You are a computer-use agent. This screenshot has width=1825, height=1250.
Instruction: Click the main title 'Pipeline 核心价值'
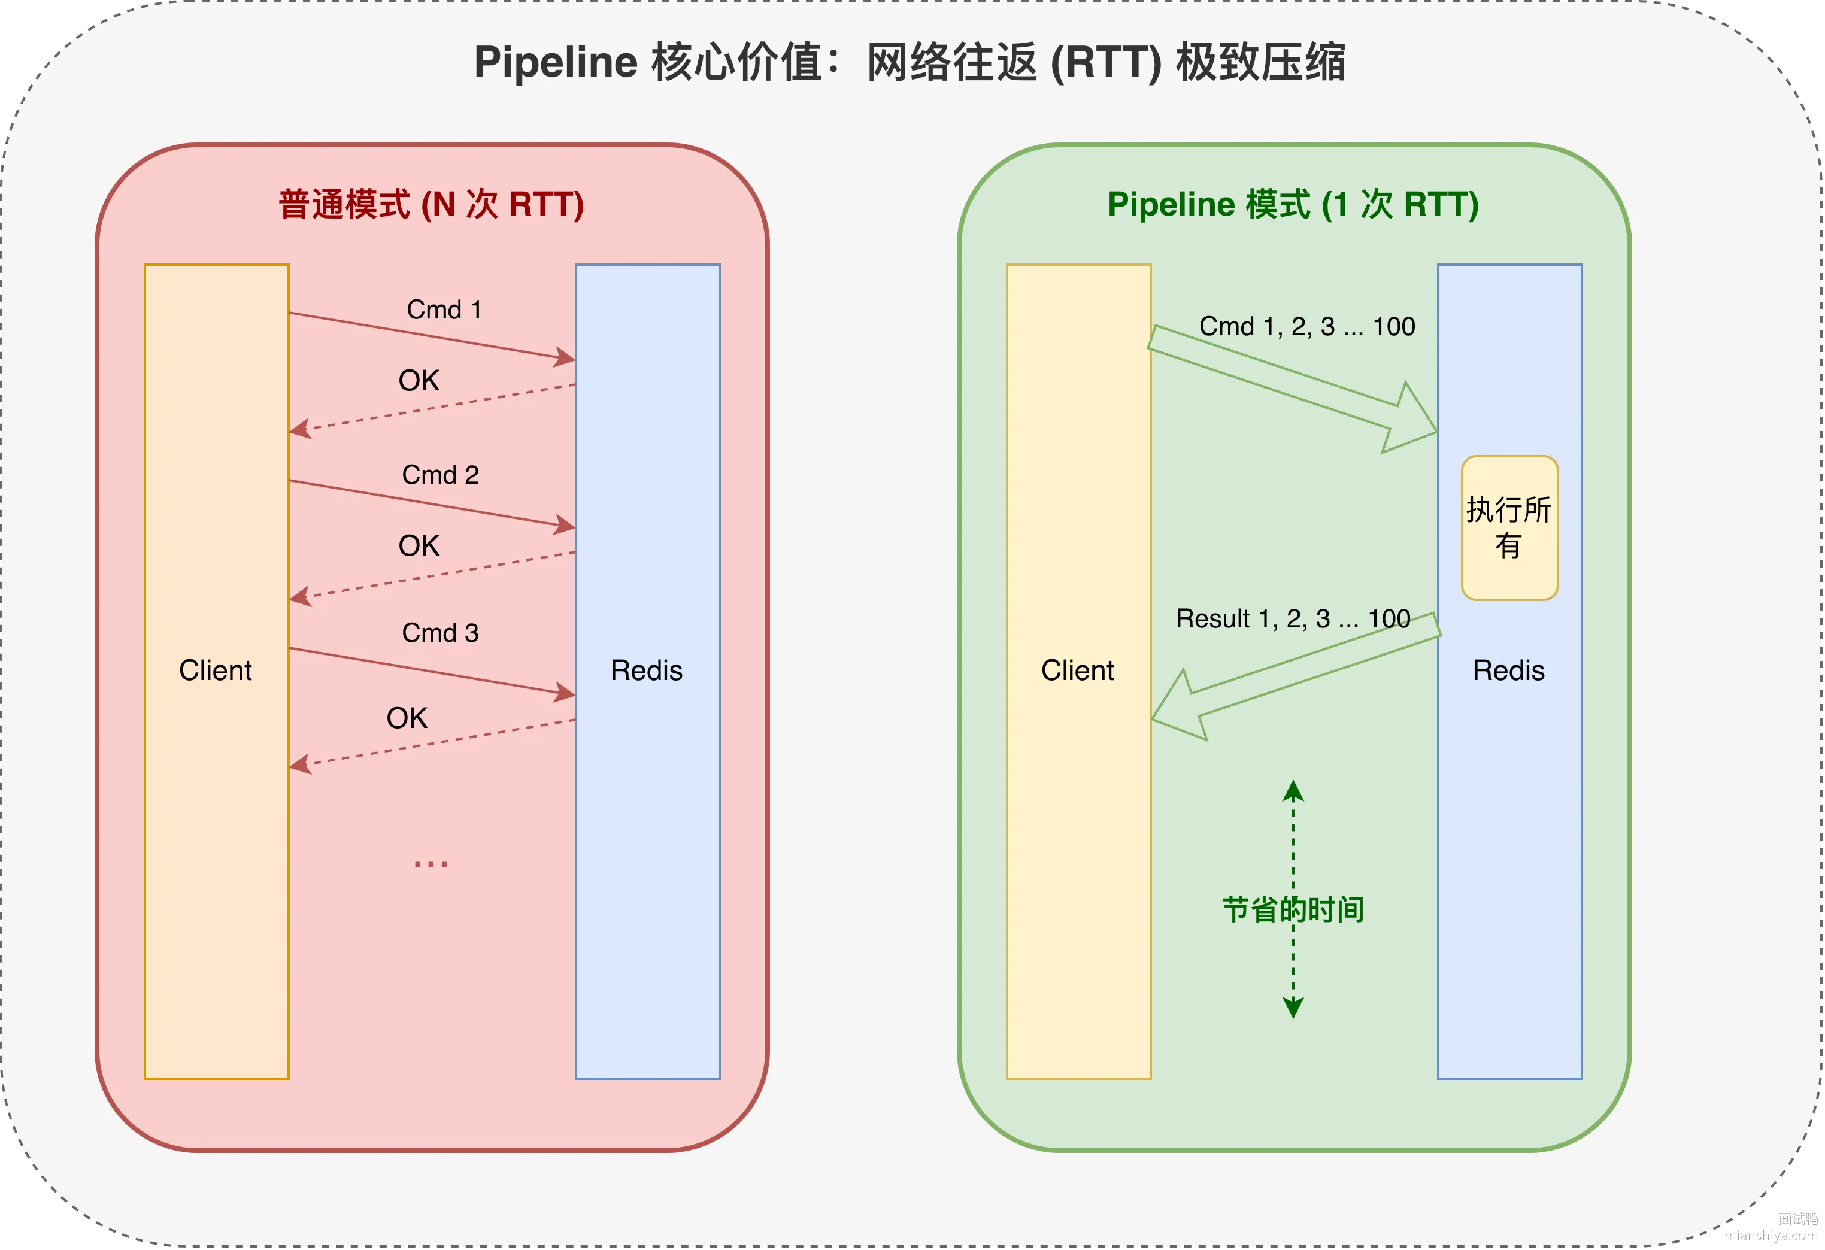pos(648,62)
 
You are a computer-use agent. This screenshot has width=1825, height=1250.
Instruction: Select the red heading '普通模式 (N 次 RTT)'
pos(431,204)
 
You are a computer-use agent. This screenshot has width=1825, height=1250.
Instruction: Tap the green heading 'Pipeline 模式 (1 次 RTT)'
pos(1293,204)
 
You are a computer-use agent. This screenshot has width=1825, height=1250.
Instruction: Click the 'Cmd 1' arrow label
pos(444,310)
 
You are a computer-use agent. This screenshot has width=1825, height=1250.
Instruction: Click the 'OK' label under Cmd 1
pos(419,381)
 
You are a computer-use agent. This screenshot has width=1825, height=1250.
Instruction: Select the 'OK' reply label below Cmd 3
pos(407,718)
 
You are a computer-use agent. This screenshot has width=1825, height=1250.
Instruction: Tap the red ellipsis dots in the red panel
pos(431,864)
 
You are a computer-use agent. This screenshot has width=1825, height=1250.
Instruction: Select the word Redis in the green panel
pos(1508,670)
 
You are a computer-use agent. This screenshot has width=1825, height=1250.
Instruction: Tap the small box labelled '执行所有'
pos(1509,527)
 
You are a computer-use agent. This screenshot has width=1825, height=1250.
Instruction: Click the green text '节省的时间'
pos(1293,909)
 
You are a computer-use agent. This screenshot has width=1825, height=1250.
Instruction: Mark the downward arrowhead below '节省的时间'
pos(1293,1008)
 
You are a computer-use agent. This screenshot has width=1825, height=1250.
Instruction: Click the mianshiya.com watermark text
pos(1771,1235)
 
